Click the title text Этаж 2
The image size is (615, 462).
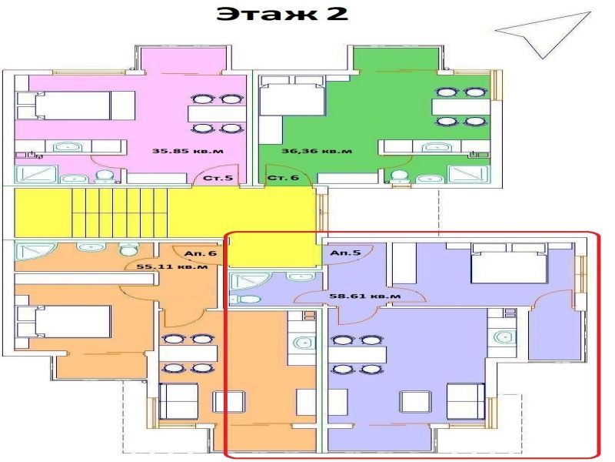(282, 14)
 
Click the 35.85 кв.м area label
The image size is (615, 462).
(188, 150)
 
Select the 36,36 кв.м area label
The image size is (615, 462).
(317, 150)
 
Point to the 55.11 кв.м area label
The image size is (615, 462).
(172, 266)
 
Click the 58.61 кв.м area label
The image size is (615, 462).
(365, 295)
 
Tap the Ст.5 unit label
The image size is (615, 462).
(218, 178)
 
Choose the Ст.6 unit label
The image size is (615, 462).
(283, 178)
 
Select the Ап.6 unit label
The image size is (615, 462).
(201, 253)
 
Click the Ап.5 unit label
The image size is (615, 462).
(345, 253)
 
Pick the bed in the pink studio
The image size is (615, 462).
(75, 105)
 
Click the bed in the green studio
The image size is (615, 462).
(293, 95)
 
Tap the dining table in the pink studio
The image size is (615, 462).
(217, 114)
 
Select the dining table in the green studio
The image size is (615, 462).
(461, 107)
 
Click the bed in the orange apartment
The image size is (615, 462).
(64, 321)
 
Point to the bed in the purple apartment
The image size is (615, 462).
(509, 263)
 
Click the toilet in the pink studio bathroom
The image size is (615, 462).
(105, 177)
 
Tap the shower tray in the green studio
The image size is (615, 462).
(469, 175)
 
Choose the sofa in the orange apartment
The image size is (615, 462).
(178, 401)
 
